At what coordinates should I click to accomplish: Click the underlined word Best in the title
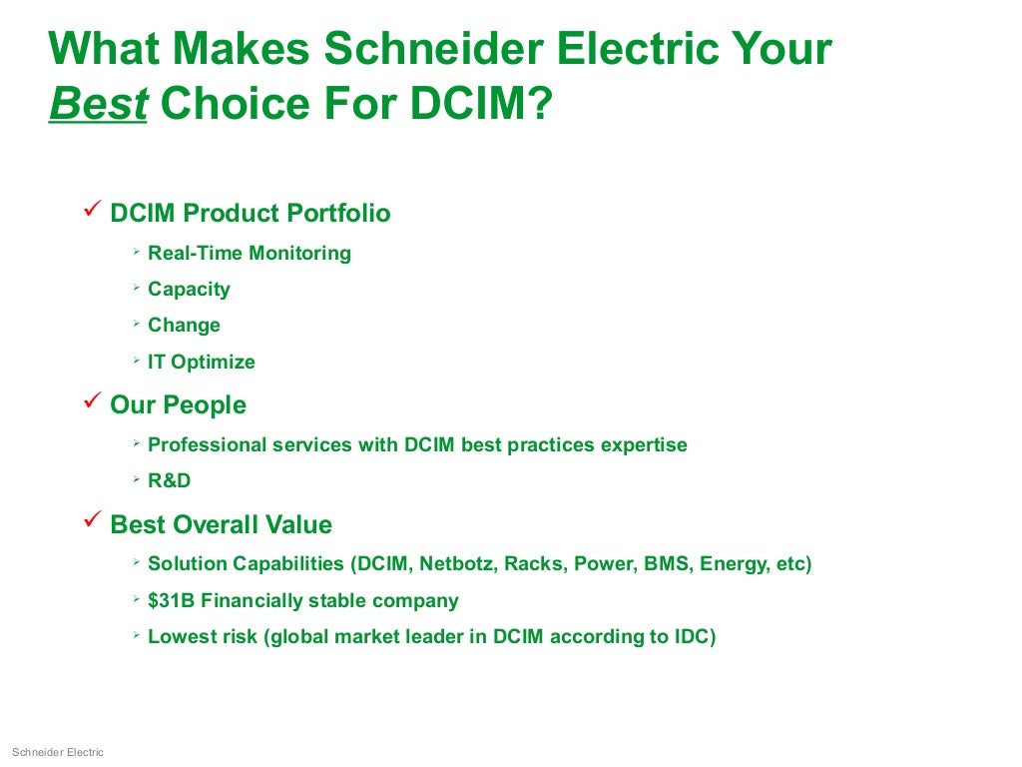(x=98, y=103)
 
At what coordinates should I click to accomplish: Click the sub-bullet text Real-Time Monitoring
(x=250, y=254)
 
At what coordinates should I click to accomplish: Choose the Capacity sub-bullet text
(x=189, y=290)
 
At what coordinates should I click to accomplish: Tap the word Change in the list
(x=184, y=326)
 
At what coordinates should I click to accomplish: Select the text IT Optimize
(x=202, y=362)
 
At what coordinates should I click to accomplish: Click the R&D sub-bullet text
(x=169, y=481)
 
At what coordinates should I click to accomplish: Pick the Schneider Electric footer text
(x=57, y=752)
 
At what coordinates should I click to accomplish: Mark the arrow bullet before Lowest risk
(x=135, y=635)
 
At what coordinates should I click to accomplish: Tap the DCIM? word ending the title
(x=481, y=103)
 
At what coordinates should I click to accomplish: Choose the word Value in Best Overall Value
(x=298, y=525)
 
